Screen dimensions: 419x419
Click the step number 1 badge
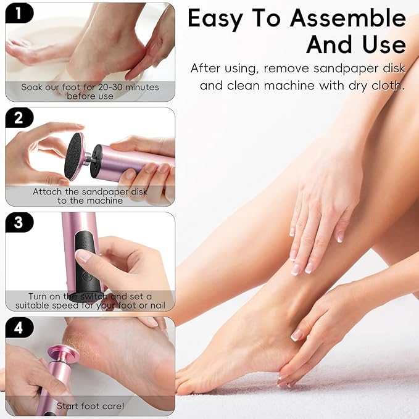pyautogui.click(x=18, y=13)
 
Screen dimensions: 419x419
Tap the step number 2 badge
pyautogui.click(x=19, y=117)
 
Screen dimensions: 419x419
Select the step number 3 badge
pyautogui.click(x=19, y=222)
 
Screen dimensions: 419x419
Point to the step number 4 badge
pyautogui.click(x=19, y=328)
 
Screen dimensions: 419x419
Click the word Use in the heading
pyautogui.click(x=382, y=45)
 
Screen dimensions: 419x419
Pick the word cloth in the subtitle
pyautogui.click(x=384, y=85)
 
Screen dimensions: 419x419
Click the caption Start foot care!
pyautogui.click(x=90, y=405)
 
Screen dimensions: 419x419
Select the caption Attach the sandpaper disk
pyautogui.click(x=90, y=192)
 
